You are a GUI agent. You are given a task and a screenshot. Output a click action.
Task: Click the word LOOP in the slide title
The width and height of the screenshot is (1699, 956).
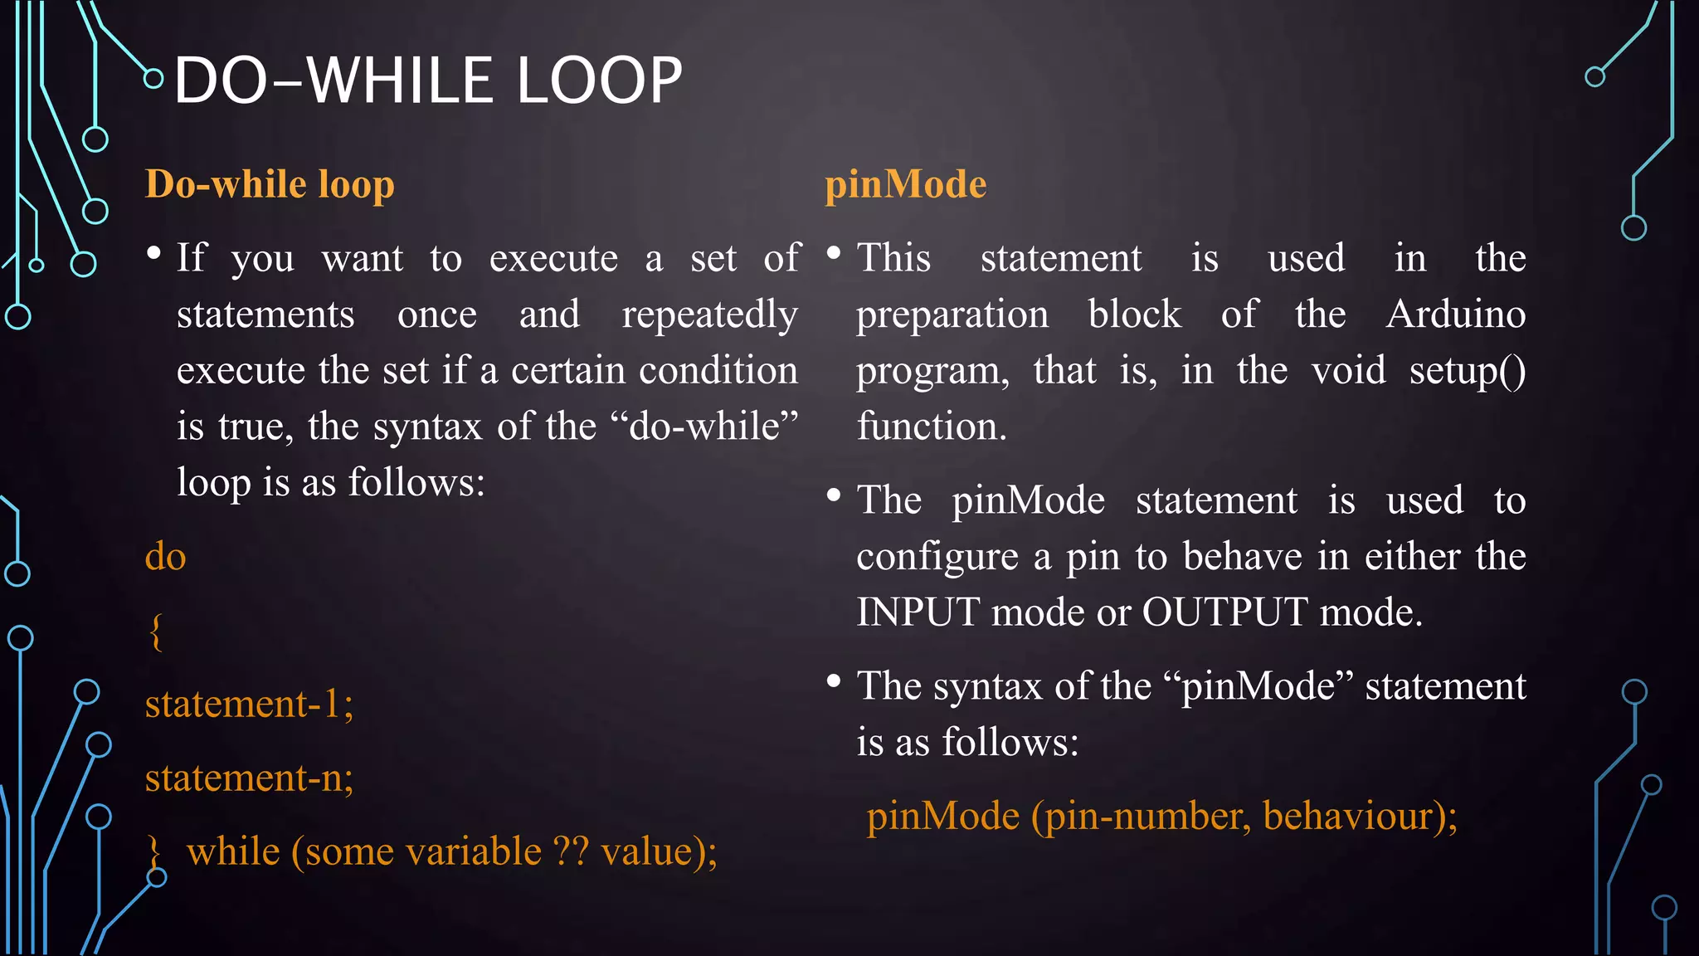click(x=599, y=80)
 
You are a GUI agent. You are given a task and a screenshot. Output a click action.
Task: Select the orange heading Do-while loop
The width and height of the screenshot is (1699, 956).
click(x=270, y=184)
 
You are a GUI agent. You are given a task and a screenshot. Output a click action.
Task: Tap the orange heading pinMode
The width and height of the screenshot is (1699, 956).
click(x=905, y=184)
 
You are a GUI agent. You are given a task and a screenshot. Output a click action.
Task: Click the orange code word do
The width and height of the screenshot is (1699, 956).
click(x=165, y=556)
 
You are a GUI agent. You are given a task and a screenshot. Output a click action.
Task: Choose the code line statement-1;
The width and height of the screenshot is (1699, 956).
click(x=249, y=705)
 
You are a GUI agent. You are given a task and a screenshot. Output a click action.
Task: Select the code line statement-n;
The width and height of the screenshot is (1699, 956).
click(x=249, y=778)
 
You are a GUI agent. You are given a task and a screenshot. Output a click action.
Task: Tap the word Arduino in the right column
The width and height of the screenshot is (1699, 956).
click(x=1455, y=315)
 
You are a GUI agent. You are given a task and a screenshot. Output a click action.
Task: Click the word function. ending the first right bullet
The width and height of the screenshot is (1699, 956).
click(x=931, y=427)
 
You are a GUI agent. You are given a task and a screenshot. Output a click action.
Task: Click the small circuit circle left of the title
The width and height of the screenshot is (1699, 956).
click(x=153, y=79)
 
